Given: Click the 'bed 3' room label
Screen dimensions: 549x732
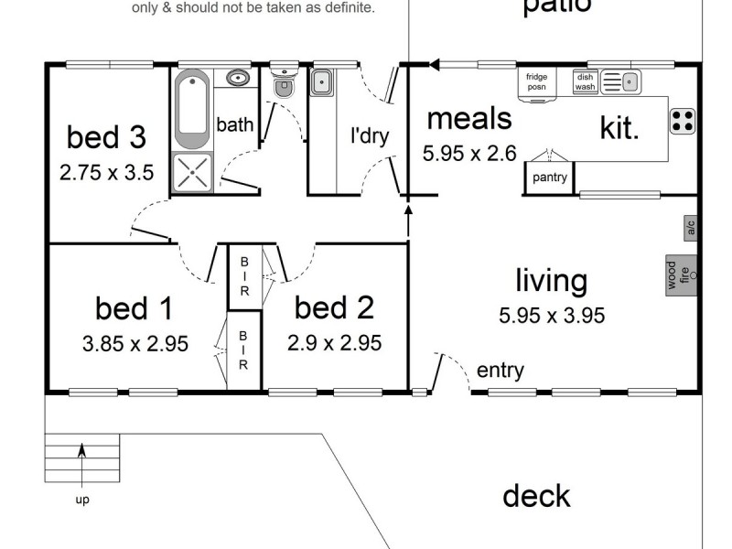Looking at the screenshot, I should pos(106,137).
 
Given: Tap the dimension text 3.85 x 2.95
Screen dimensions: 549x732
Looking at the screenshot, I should pos(135,344).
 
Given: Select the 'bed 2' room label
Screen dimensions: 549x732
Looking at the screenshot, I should pos(334,308).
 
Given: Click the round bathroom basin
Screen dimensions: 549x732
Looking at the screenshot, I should pos(238,78).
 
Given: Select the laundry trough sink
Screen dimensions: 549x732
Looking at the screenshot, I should pos(321,84).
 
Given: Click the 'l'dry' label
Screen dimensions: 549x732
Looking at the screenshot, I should pos(370,137).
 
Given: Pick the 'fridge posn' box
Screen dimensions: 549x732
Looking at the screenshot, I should pos(536,82).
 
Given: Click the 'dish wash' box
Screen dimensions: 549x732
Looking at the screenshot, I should pos(585,82).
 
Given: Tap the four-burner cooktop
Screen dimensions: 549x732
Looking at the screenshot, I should pos(682,121).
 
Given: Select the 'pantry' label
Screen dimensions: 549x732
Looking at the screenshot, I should pos(549,178).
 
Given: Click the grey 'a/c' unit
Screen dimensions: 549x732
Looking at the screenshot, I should pos(691,228).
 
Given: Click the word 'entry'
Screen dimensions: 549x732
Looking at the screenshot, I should pos(501,371).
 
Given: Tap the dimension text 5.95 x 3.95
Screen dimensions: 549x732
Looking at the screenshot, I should pos(552,317).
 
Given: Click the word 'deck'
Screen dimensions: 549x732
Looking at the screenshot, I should pos(536,496).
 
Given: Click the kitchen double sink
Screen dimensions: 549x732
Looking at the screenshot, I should pos(621,82).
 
